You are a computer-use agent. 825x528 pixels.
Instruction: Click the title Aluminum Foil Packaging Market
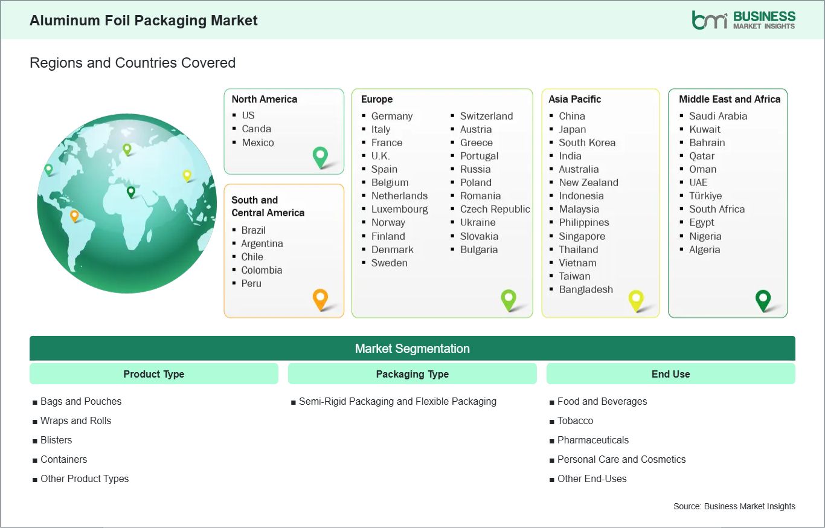(144, 21)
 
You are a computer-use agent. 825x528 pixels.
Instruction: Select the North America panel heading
(265, 99)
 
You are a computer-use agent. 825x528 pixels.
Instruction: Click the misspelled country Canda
(256, 129)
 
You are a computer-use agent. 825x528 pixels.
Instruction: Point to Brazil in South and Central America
(253, 230)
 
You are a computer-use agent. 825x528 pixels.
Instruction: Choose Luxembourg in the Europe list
(399, 209)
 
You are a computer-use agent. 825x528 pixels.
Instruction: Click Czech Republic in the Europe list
(495, 209)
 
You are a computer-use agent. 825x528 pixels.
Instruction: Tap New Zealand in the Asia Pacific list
(588, 182)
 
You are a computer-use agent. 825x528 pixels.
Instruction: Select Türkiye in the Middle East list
(705, 196)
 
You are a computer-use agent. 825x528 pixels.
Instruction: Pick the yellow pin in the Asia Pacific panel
(636, 299)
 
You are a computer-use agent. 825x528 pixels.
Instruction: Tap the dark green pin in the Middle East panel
(763, 299)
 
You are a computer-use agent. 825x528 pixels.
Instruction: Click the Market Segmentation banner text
(412, 349)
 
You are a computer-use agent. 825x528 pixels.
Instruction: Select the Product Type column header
(153, 374)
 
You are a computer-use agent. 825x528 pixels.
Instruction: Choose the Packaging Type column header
(412, 374)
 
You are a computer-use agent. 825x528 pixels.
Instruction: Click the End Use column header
(670, 374)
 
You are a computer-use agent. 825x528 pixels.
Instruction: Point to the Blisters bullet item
(56, 440)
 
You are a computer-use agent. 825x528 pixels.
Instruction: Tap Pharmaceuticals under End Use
(592, 440)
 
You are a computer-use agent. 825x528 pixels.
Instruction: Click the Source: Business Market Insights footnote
(734, 506)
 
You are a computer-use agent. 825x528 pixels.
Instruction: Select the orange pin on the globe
(74, 214)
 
